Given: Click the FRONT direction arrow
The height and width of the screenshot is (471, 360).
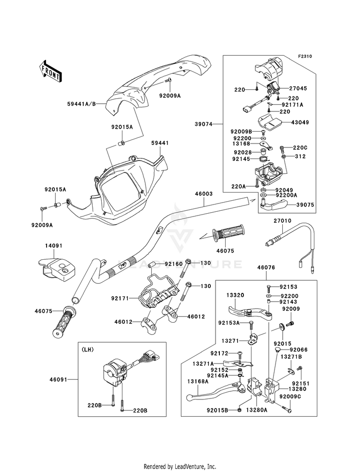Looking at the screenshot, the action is [x=50, y=71].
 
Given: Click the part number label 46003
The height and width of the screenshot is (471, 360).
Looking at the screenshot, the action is [x=204, y=194].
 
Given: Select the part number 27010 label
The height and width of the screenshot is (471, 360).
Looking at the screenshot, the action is [x=282, y=221].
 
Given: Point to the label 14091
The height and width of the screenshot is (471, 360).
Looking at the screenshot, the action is [x=54, y=246].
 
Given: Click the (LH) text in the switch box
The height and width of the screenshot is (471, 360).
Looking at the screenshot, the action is [x=87, y=350].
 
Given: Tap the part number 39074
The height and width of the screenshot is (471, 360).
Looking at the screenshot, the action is [x=204, y=124].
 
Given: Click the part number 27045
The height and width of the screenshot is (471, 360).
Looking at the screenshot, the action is [x=298, y=88].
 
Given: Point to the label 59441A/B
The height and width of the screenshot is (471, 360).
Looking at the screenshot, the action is [x=82, y=104].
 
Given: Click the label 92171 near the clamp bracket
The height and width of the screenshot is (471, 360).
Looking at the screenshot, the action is [x=120, y=298].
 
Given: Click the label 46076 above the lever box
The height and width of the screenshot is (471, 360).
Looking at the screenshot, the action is [x=266, y=267].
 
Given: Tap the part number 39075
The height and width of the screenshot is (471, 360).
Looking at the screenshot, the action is [x=305, y=205].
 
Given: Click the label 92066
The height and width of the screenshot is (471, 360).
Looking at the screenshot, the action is [x=299, y=350].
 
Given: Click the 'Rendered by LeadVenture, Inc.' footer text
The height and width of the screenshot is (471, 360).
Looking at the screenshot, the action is [x=180, y=467].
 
